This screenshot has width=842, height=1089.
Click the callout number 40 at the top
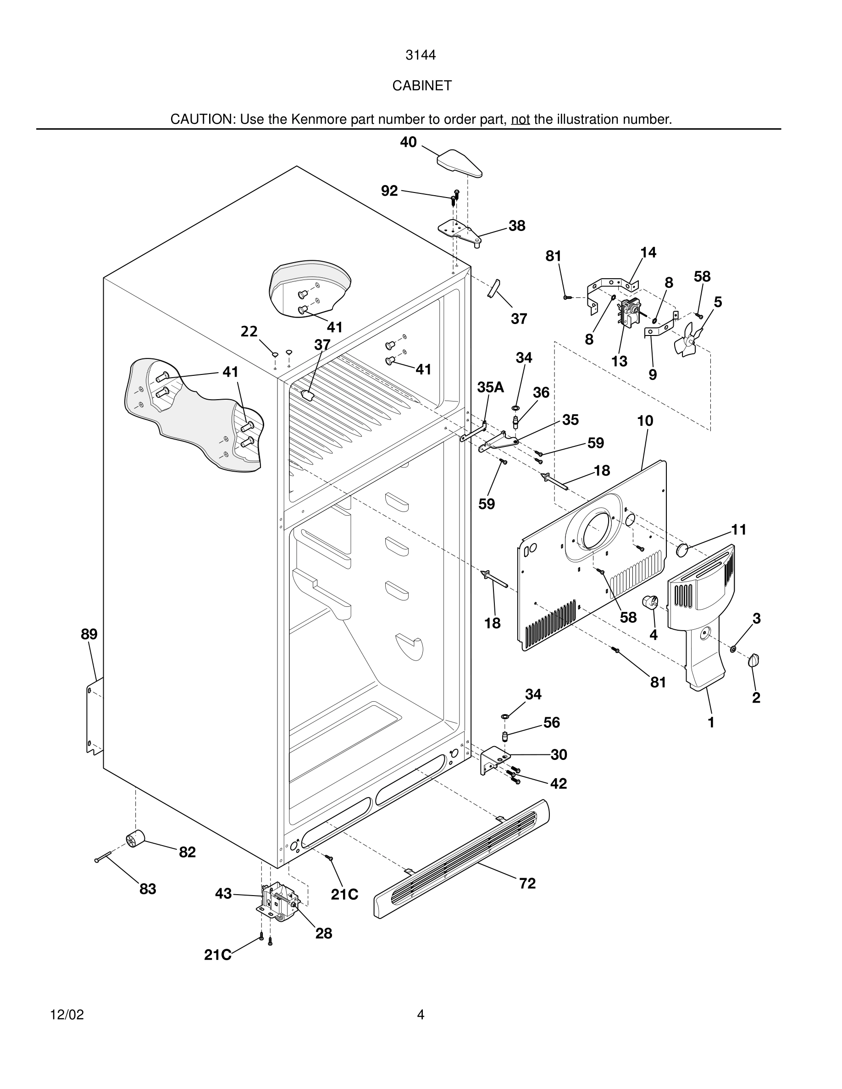point(408,142)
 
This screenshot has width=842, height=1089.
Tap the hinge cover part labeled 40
point(460,163)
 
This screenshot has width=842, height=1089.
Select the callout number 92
point(389,191)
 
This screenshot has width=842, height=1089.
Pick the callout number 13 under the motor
point(619,361)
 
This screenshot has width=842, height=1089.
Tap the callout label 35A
point(490,387)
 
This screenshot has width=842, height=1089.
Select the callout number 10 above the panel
point(645,421)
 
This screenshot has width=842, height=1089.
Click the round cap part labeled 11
point(682,550)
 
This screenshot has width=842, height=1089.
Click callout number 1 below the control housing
point(711,722)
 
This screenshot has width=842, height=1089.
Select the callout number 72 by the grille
point(527,883)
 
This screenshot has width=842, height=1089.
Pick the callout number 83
point(148,889)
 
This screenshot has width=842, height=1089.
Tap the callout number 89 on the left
point(89,634)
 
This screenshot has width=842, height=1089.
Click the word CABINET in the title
point(421,86)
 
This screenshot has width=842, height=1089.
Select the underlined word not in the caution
point(520,120)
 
